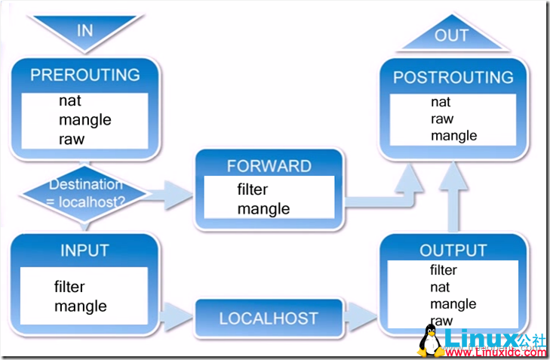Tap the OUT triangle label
[451, 35]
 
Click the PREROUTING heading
[85, 75]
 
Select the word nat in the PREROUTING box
[70, 100]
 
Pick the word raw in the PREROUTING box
[72, 140]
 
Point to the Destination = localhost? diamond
[85, 193]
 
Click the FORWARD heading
[269, 166]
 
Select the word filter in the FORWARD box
[252, 189]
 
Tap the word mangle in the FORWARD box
[263, 209]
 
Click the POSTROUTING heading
[453, 77]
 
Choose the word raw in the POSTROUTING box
[442, 119]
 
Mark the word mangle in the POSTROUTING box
[454, 136]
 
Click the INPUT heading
[85, 251]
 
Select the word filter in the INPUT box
[69, 287]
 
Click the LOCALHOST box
[269, 318]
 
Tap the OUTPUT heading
[453, 250]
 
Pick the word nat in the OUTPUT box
[440, 288]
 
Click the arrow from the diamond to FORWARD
[170, 195]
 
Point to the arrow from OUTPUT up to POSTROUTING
[453, 197]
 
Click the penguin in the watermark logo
[430, 341]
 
